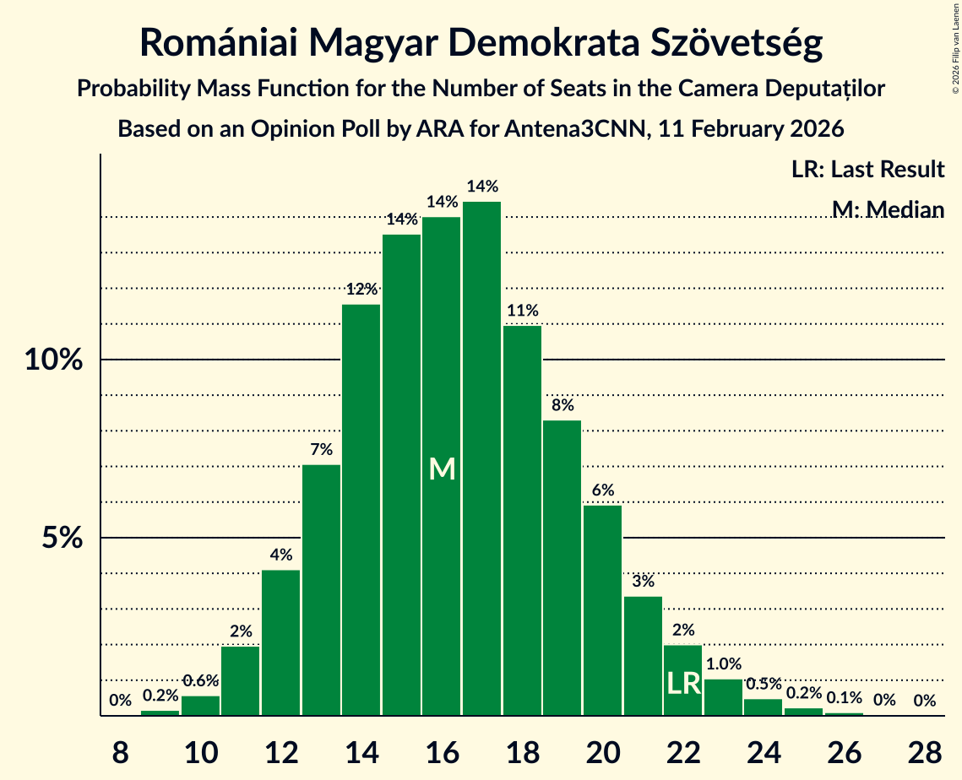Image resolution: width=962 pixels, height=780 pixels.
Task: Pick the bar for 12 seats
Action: tap(280, 642)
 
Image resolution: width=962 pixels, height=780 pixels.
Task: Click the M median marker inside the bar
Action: tap(442, 469)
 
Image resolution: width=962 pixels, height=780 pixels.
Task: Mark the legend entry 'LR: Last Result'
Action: tap(867, 170)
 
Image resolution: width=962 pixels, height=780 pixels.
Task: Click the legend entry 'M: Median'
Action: tap(887, 209)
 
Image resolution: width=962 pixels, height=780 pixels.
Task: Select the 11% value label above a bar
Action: tap(522, 311)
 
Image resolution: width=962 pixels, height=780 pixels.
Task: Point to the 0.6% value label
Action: tap(200, 681)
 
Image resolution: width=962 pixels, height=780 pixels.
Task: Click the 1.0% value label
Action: tap(723, 664)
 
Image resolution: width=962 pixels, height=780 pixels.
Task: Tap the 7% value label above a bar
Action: tap(321, 450)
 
